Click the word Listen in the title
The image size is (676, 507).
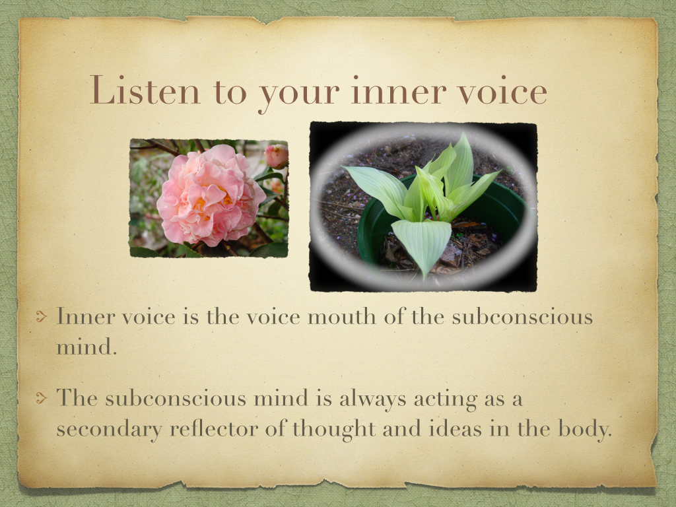pos(145,90)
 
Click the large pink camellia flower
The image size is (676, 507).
pos(210,195)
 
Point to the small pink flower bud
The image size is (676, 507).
pos(277,156)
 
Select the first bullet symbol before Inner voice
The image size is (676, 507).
pos(42,317)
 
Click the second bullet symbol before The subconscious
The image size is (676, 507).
pos(42,398)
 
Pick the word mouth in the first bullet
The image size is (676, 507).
pos(341,317)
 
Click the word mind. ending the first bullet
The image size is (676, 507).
pos(86,347)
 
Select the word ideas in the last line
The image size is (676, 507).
pos(456,428)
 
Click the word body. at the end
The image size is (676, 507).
pos(585,429)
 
